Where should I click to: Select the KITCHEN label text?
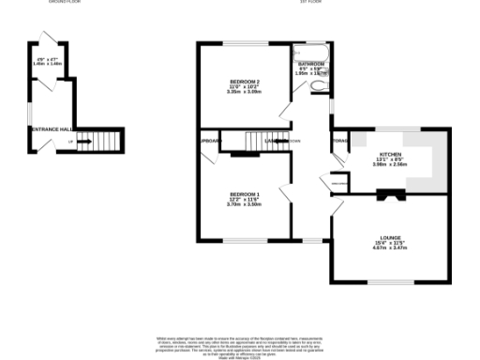pos(391,154)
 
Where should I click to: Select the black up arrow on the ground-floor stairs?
pos(84,142)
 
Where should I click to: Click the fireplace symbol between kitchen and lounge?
pos(388,194)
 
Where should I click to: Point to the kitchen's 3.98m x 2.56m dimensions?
pos(391,164)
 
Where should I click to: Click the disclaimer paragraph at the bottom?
pos(240,343)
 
